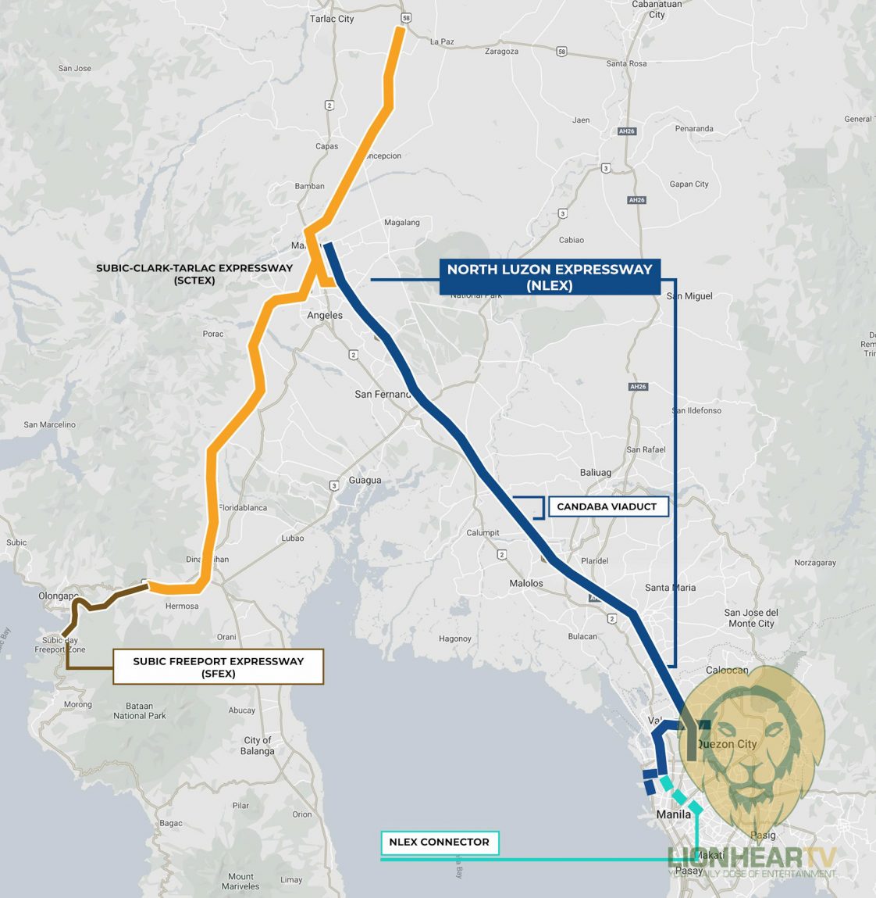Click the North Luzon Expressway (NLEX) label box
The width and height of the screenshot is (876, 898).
[550, 277]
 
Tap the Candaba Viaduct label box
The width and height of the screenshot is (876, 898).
[607, 506]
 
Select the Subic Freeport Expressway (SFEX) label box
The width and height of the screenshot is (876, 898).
[218, 667]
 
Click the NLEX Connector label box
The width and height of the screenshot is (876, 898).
[439, 843]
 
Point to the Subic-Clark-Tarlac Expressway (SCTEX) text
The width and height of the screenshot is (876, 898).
[194, 274]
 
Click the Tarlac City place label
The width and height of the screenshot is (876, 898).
[332, 19]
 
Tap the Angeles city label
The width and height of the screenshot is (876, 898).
[325, 316]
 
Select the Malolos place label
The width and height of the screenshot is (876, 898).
[525, 584]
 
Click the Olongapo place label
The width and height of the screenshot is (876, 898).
[58, 596]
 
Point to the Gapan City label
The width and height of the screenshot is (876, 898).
[689, 184]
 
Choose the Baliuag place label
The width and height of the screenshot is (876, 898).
[596, 473]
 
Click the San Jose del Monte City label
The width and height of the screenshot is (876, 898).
[751, 618]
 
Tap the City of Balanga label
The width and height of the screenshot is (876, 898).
[258, 746]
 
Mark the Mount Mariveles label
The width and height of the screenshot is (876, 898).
[240, 882]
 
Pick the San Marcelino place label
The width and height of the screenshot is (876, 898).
[50, 425]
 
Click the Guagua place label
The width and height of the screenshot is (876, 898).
[365, 481]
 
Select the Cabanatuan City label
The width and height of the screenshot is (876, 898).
[657, 9]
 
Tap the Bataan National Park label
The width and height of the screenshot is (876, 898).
[140, 710]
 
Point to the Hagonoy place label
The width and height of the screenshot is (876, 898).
[455, 639]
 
